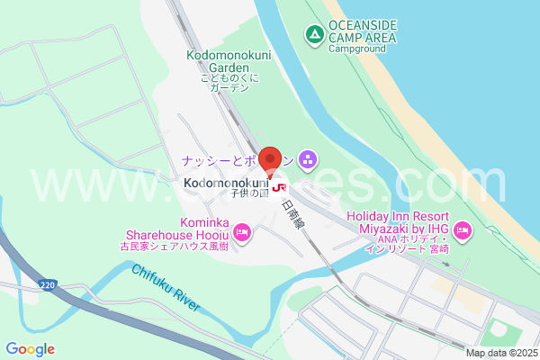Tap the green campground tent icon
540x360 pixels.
(314, 35)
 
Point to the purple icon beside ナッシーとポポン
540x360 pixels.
(308, 160)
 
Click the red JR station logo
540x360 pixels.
(280, 189)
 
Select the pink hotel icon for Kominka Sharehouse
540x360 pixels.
(243, 233)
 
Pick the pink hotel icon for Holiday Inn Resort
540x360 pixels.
(463, 231)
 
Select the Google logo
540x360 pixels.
(30, 349)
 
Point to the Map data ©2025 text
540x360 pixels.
(501, 353)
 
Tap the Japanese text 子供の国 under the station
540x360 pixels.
(249, 193)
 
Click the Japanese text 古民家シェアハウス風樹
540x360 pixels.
(176, 245)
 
